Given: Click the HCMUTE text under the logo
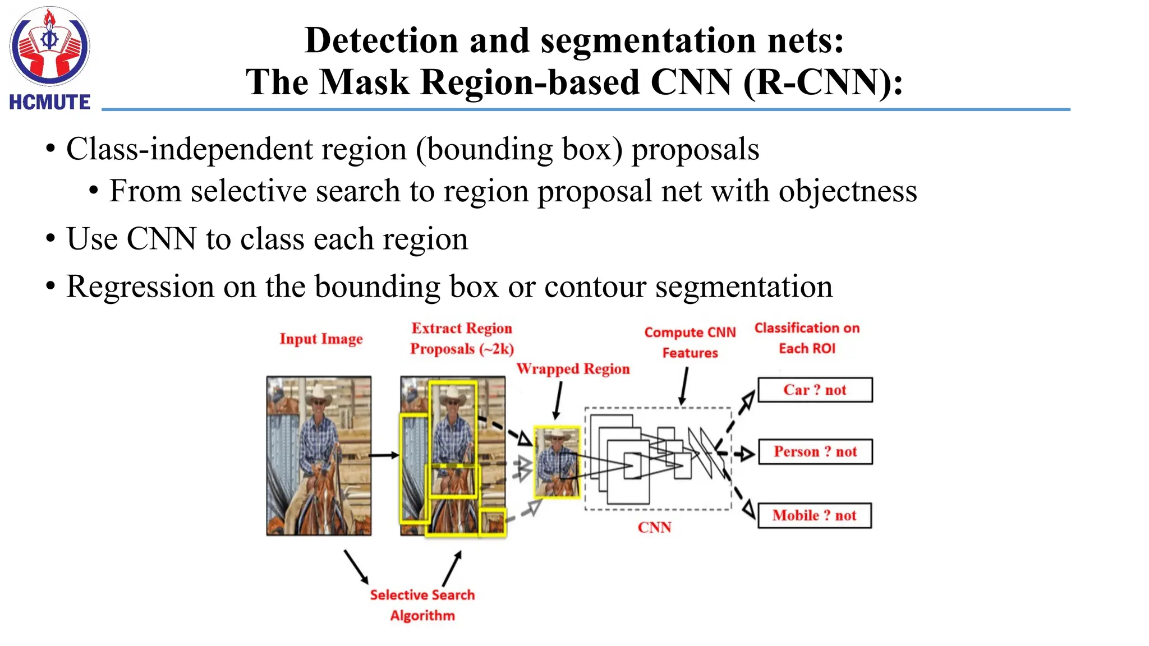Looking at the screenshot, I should coord(50,102).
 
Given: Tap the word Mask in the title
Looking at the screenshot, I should coord(365,82).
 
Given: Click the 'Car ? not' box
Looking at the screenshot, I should coord(815,390).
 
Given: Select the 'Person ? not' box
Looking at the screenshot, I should coord(815,451).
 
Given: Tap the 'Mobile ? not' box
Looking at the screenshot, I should coord(814,515).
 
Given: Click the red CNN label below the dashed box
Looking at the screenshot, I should coord(654,527).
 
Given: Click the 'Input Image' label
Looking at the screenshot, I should coord(321,339).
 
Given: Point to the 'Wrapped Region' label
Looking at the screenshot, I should coord(573,369).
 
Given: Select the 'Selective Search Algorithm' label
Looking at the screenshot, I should coord(422,605).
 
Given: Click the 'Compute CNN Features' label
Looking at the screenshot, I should coord(690,342).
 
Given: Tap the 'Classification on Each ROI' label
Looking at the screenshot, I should coord(807,338).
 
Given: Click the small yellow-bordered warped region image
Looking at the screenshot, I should coord(557,462).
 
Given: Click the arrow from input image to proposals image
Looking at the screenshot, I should coord(385,455).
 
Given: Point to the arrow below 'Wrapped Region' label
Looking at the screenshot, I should coord(558,400).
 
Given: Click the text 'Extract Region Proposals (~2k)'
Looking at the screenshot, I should coord(462,338).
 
